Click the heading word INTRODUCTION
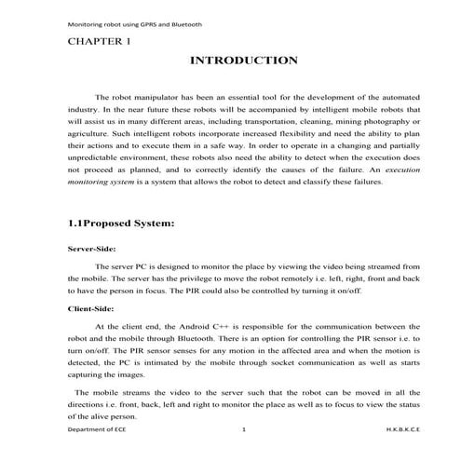click(x=243, y=61)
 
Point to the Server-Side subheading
click(x=91, y=250)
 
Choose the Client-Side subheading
click(x=90, y=306)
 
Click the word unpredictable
click(x=100, y=169)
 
